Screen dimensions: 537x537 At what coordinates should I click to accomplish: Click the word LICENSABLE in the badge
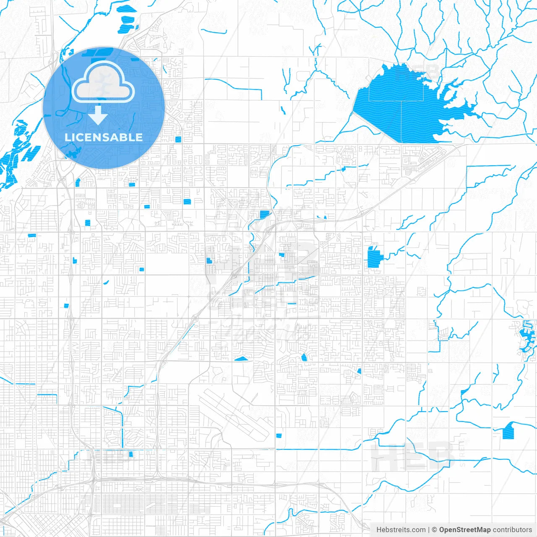(104, 137)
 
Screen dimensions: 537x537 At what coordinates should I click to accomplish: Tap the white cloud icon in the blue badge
(103, 83)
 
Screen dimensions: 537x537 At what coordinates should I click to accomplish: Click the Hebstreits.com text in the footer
(401, 530)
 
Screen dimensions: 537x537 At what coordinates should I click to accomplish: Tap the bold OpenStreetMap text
(464, 530)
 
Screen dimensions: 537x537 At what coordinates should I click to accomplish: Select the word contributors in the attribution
(512, 530)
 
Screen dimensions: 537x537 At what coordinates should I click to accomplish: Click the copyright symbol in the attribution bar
(435, 530)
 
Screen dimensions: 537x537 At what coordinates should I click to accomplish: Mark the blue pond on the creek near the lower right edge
(508, 431)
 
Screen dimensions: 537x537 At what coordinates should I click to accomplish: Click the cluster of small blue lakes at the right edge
(526, 336)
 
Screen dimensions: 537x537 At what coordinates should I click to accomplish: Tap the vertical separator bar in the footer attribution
(428, 530)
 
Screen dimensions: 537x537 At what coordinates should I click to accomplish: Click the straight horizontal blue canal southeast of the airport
(319, 449)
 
